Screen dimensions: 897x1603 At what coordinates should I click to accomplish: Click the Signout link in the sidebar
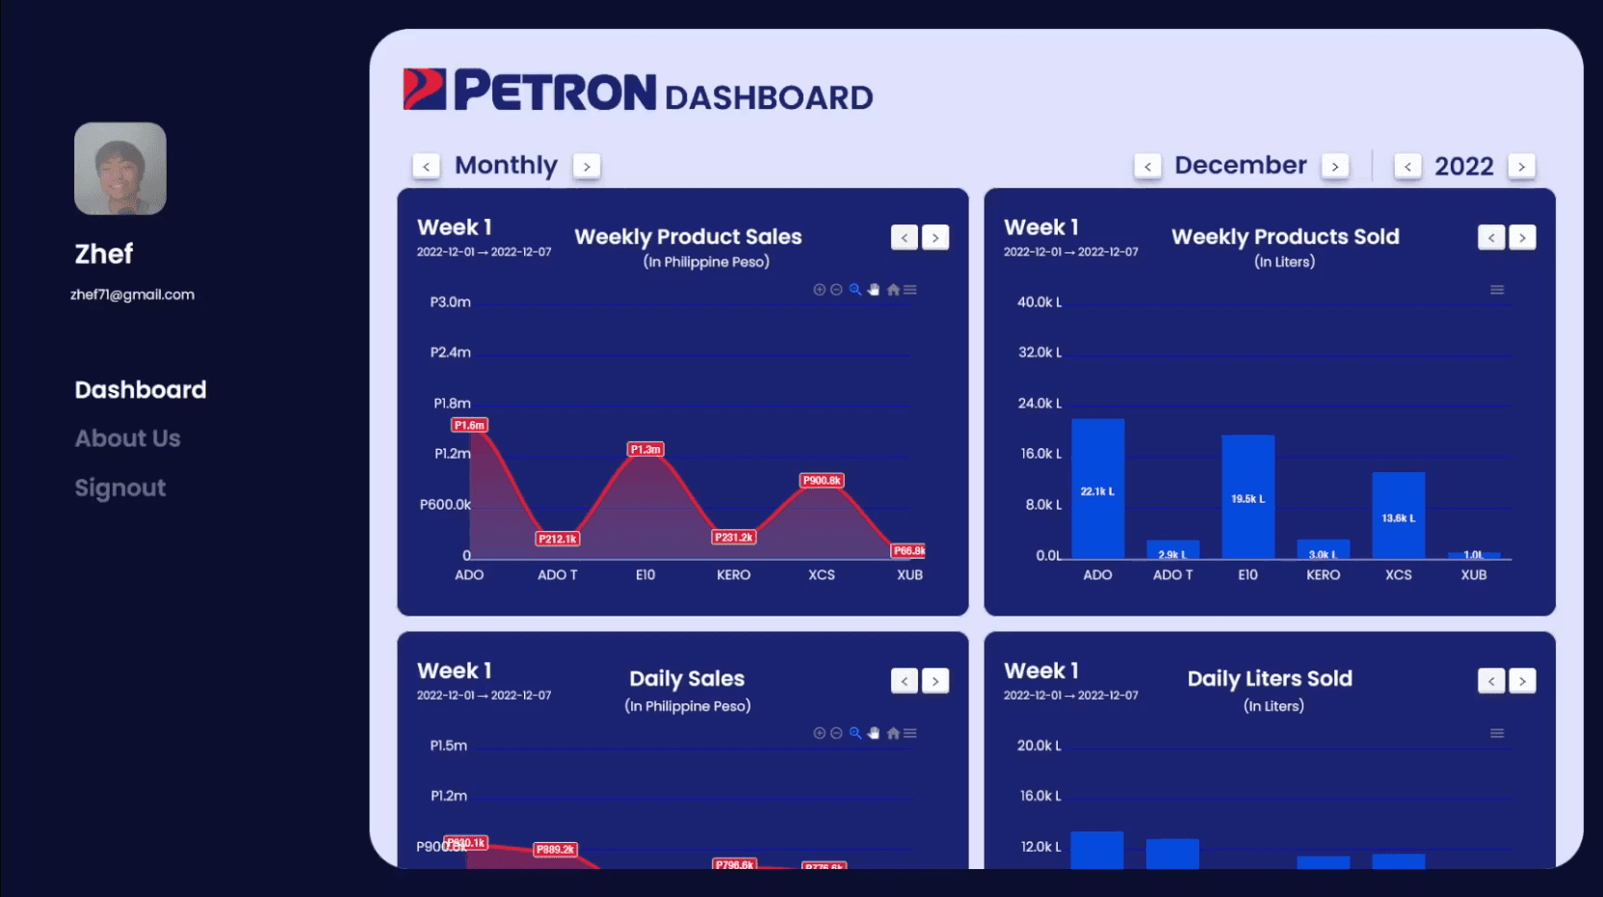(x=120, y=488)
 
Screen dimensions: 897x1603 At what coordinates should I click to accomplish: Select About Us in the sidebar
(x=128, y=438)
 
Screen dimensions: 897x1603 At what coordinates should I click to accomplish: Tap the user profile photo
(x=120, y=169)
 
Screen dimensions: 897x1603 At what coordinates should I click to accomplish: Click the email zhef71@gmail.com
(x=132, y=295)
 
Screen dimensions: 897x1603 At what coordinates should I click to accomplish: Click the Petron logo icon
(x=424, y=90)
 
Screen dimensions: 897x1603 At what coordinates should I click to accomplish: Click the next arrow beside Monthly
(x=587, y=166)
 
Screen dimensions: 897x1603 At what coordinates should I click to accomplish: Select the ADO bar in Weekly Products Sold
(x=1097, y=488)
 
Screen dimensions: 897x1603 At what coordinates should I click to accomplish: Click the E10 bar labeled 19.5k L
(x=1248, y=496)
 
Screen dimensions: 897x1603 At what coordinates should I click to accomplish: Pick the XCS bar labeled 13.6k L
(x=1398, y=515)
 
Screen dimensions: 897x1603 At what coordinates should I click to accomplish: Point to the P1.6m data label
(x=470, y=425)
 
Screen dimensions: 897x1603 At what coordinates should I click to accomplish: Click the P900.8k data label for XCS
(x=822, y=480)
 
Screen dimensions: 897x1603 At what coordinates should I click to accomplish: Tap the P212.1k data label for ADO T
(x=558, y=539)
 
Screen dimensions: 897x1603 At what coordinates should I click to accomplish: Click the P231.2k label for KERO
(x=734, y=537)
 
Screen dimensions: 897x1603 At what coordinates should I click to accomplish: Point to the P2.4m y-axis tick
(x=450, y=353)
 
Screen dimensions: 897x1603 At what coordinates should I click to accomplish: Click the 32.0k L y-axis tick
(x=1039, y=353)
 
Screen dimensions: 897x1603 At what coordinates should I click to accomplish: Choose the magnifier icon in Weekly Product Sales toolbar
(x=854, y=289)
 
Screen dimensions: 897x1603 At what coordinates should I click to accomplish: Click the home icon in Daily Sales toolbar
(x=893, y=733)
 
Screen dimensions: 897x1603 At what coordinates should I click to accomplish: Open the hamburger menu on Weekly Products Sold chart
(x=1497, y=289)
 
